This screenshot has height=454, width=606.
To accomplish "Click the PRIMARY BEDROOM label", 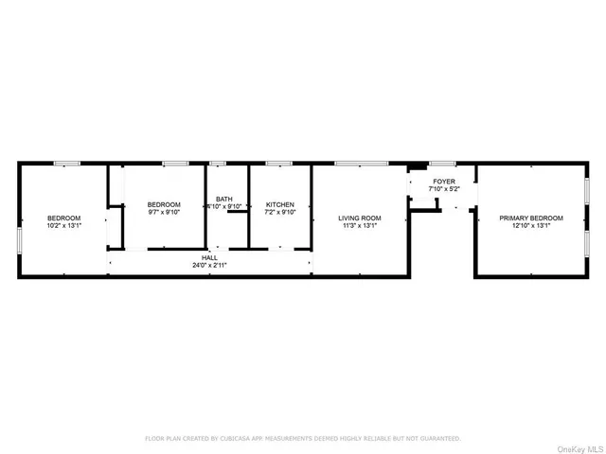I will (x=531, y=218).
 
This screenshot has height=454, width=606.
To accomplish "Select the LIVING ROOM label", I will (x=360, y=218).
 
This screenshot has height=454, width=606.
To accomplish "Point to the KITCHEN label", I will (x=280, y=204).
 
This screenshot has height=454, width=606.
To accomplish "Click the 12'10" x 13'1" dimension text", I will (x=531, y=226).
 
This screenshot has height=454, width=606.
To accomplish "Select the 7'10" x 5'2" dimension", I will (x=444, y=189).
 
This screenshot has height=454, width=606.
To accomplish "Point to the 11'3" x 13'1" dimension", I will (x=360, y=226).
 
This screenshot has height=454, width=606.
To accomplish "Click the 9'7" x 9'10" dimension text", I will (x=164, y=212).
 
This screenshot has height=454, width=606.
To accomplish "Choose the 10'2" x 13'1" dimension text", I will (x=64, y=226).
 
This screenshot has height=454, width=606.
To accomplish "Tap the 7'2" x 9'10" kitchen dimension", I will (x=280, y=212).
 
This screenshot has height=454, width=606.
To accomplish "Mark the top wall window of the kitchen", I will (x=278, y=163).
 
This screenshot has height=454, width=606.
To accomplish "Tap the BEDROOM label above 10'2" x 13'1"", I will (x=64, y=218).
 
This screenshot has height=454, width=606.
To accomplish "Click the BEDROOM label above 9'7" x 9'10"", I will (x=164, y=204).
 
